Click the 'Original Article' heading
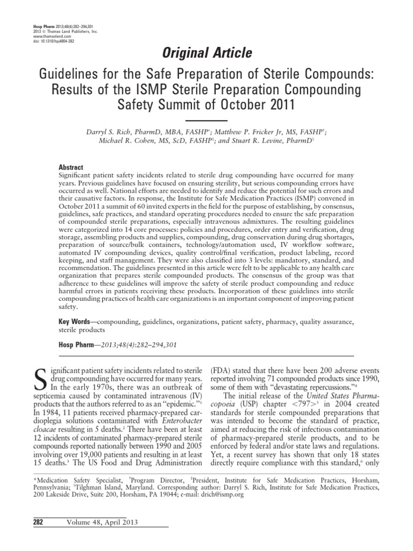(x=206, y=53)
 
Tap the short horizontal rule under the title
(x=206, y=119)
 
